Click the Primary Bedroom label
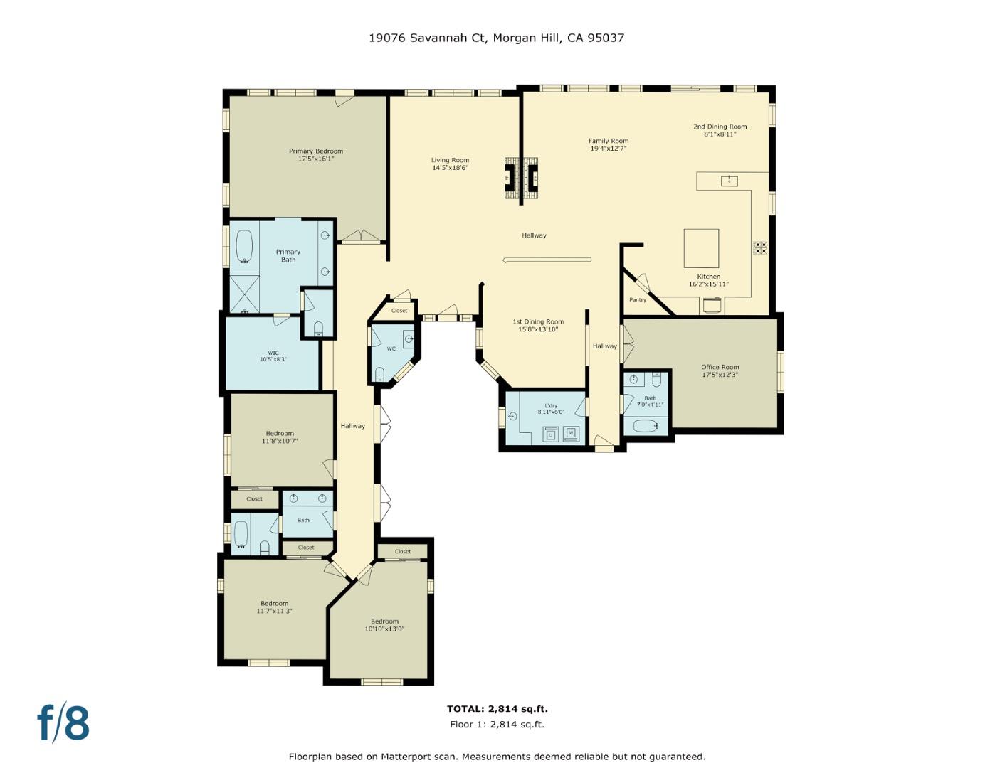click(315, 151)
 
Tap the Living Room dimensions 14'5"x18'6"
click(450, 169)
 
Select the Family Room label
click(609, 141)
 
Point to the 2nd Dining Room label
click(720, 127)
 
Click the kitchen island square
click(701, 247)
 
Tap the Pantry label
click(638, 300)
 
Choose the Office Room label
click(720, 368)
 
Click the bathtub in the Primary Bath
click(244, 246)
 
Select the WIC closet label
click(273, 353)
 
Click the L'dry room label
click(551, 405)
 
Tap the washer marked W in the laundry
click(571, 432)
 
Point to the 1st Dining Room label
click(538, 322)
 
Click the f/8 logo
click(63, 722)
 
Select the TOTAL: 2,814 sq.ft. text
click(497, 709)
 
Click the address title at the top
click(496, 38)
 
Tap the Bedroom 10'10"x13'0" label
click(384, 622)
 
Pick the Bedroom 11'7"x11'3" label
click(274, 604)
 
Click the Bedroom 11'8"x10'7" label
click(280, 434)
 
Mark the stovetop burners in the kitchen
click(761, 247)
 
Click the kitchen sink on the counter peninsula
click(729, 181)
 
